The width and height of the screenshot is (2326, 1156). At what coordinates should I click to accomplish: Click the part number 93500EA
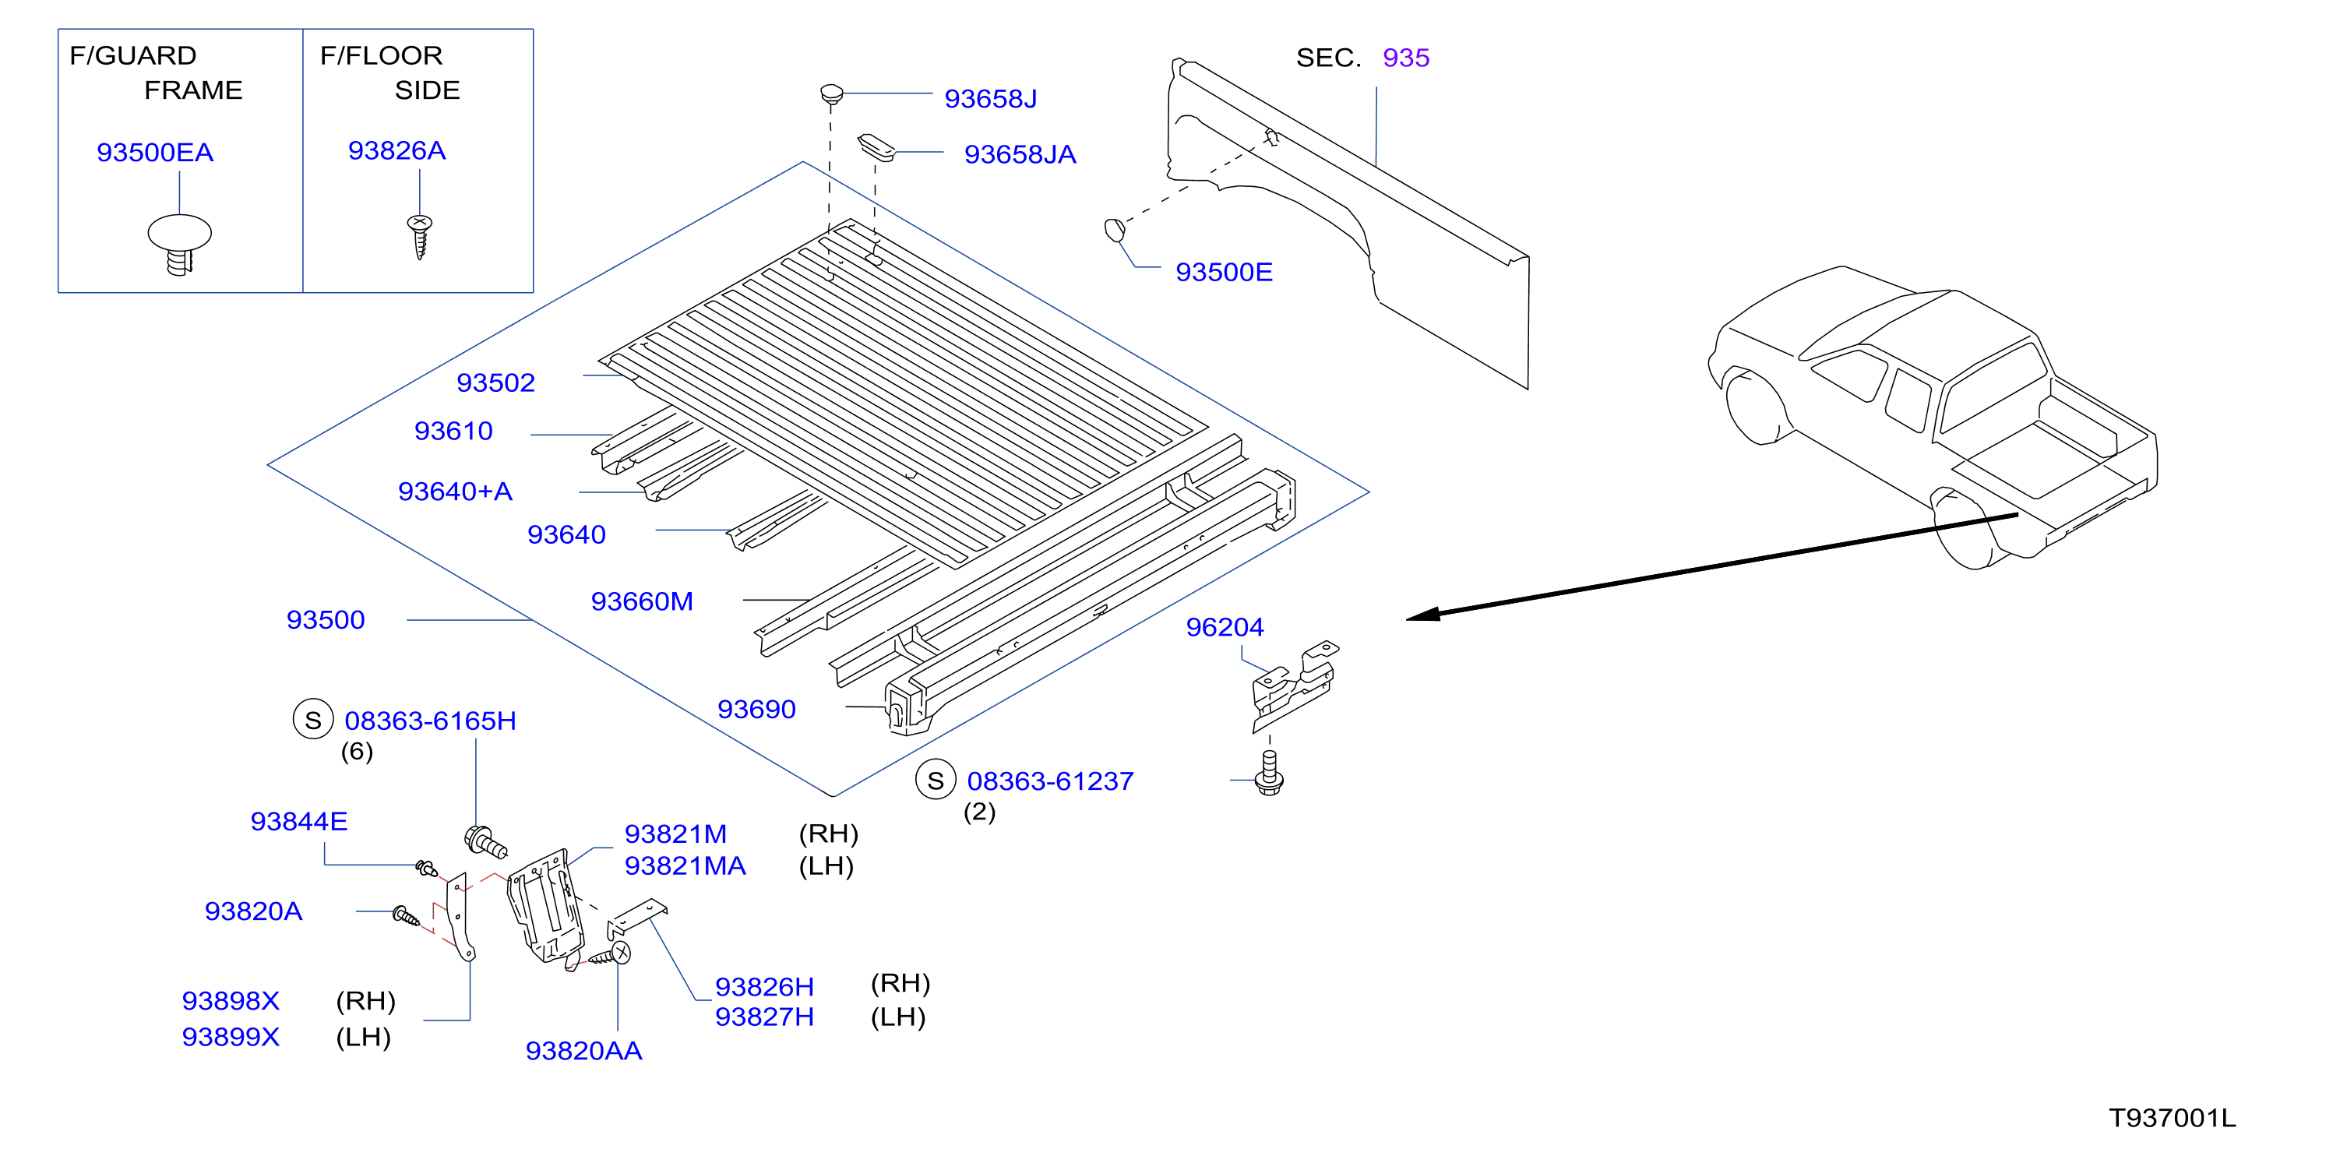click(155, 153)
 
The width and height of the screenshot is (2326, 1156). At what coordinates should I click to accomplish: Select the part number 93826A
click(397, 151)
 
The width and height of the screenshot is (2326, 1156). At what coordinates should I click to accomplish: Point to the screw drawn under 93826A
click(420, 237)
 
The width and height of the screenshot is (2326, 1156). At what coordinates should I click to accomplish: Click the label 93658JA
click(1020, 154)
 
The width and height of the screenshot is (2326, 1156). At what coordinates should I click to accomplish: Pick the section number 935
click(1406, 58)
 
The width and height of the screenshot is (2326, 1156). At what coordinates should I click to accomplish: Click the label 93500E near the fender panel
click(1224, 272)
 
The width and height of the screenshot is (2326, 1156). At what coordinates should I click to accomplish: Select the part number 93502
click(495, 383)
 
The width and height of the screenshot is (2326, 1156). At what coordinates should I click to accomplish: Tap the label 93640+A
click(455, 492)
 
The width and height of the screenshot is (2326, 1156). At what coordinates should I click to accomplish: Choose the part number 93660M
click(642, 601)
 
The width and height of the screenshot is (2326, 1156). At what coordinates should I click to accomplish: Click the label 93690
click(756, 709)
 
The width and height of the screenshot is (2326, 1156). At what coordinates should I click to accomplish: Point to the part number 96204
click(1225, 627)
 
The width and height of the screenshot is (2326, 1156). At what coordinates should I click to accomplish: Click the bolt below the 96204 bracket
click(1270, 774)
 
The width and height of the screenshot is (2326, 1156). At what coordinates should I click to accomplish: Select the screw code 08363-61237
click(1050, 781)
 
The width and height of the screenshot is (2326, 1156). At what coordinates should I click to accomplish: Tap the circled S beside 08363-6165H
click(313, 720)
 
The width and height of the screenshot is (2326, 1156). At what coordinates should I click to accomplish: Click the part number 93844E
click(299, 821)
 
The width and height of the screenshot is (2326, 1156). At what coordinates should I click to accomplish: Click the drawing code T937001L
click(2173, 1118)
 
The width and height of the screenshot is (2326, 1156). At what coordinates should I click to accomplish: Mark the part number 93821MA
click(685, 866)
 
